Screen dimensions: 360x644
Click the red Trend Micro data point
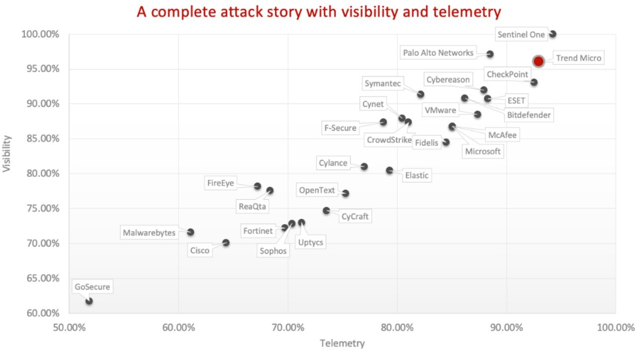coord(538,61)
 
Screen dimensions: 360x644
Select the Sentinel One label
coord(521,35)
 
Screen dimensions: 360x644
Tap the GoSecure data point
coord(89,301)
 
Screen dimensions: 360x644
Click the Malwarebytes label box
coord(149,233)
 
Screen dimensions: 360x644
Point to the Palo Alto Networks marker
coord(490,54)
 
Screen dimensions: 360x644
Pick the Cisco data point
coord(226,243)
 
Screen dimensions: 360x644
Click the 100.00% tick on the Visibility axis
coord(40,34)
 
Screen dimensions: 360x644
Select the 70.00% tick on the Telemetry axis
coord(287,328)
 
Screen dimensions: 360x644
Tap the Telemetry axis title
coord(342,344)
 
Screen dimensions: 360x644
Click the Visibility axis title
coord(7,154)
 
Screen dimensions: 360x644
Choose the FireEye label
coord(220,183)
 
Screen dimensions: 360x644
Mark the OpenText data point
coord(346,193)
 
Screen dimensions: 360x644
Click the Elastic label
coord(417,175)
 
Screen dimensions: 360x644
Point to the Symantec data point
coord(421,94)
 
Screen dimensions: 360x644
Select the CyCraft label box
coord(355,217)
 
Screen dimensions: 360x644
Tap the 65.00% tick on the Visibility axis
coord(40,278)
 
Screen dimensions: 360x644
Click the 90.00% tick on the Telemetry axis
coord(506,328)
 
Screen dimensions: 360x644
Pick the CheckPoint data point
coord(534,82)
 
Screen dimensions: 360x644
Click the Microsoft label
coord(482,151)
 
